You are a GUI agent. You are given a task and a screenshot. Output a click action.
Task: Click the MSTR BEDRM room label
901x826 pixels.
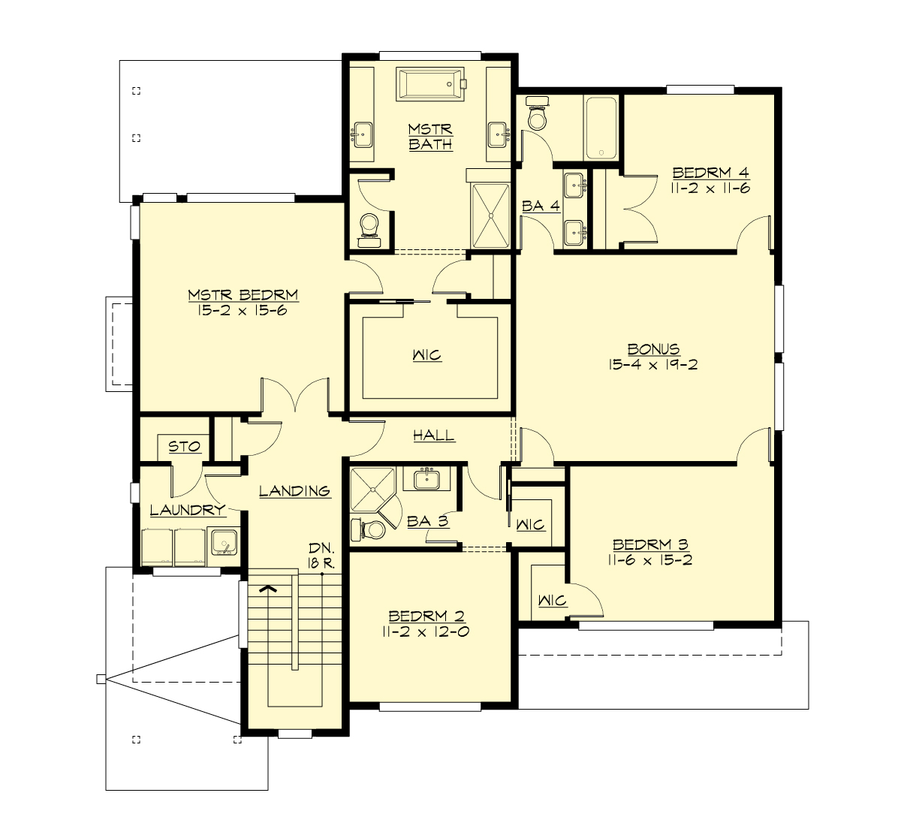pos(243,294)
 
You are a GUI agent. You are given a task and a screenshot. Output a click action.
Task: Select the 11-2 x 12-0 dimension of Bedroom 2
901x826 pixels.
pos(426,632)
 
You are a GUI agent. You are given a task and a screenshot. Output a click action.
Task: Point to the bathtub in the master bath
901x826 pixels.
pos(431,84)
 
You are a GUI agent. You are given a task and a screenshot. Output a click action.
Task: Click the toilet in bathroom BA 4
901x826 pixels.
pos(538,115)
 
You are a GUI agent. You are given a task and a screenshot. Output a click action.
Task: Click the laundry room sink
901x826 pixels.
pos(223,542)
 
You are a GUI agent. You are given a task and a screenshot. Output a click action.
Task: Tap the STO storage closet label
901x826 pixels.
pos(184,447)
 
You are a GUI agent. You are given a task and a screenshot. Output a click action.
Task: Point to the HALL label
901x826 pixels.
pos(433,436)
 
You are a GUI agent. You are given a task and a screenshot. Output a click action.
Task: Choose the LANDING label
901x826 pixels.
pos(294,491)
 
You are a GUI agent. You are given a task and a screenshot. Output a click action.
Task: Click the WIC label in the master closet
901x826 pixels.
pos(426,355)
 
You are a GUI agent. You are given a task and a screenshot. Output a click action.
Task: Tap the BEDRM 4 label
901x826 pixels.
pos(710,172)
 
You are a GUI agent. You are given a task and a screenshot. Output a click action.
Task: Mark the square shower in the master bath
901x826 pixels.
pos(490,215)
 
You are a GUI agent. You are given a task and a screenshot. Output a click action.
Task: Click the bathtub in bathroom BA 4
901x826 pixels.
pos(601,128)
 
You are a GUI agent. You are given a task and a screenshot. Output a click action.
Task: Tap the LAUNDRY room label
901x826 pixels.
pos(187,511)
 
